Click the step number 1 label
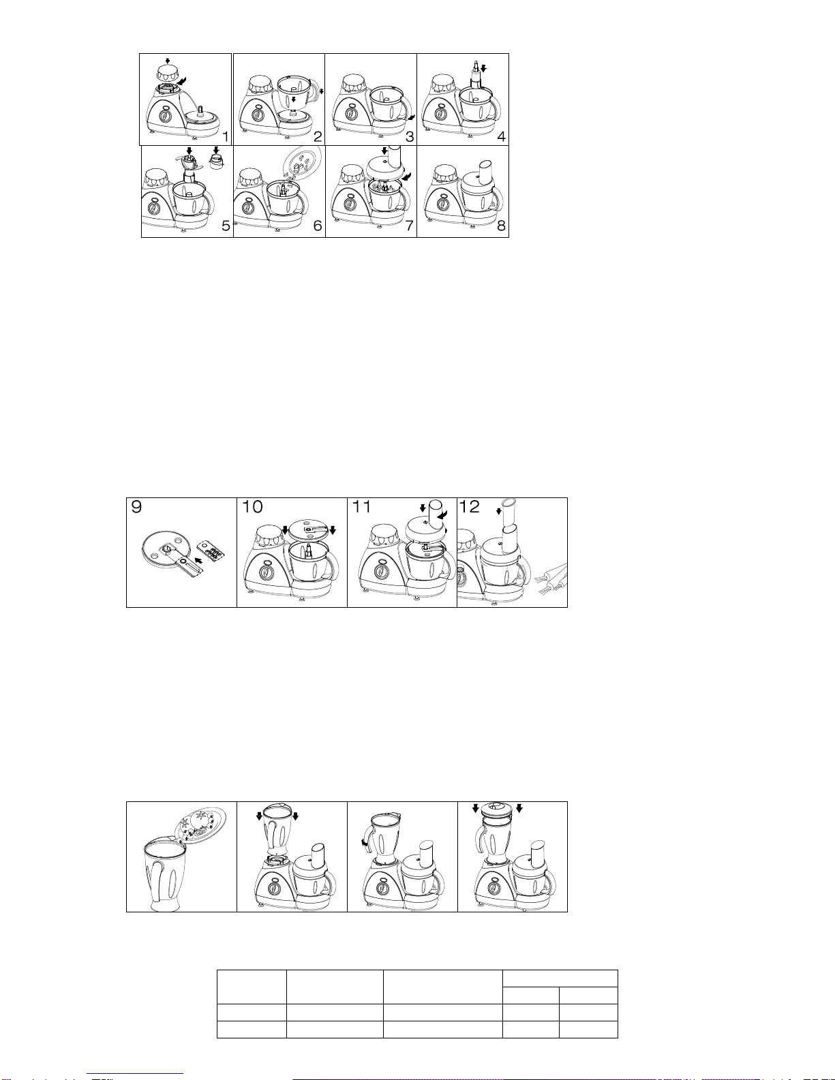tap(225, 136)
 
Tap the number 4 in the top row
tap(502, 136)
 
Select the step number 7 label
tap(410, 226)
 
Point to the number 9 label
tap(136, 507)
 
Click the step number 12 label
tap(470, 507)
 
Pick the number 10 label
tap(252, 507)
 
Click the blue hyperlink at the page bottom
tap(135, 1075)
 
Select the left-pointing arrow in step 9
tap(199, 559)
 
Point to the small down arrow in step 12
tap(498, 511)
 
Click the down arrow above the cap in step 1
tap(168, 61)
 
